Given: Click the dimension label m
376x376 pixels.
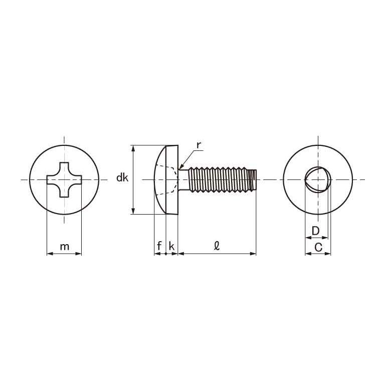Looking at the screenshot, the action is click(64, 247).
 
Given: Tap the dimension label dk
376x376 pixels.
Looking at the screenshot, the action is click(122, 178).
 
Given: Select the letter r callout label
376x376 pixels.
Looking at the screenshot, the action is click(199, 145).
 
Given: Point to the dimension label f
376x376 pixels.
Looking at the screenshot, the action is click(159, 246).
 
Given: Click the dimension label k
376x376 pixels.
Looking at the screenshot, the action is click(171, 246).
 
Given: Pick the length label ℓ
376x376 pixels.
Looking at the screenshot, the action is click(217, 246).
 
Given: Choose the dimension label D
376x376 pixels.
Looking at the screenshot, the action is click(315, 231).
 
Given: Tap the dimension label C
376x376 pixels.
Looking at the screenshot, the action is click(318, 247).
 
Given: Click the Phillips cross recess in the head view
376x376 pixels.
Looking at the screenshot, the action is click(64, 179).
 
